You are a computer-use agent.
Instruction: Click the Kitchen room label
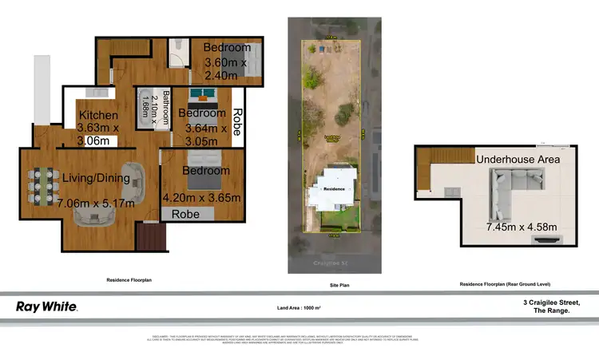point(98,116)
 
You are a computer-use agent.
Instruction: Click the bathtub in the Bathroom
point(146,108)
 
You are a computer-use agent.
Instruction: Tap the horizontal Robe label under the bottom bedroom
point(185,215)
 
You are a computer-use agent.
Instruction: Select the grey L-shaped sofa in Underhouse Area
point(503,195)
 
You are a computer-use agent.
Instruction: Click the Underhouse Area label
point(518,159)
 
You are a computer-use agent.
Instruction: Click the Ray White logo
point(46,307)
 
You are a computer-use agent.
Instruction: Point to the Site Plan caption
point(338,284)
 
